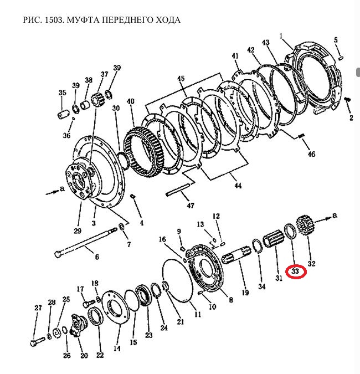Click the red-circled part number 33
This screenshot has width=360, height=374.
295,271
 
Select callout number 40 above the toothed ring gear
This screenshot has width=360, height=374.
130,101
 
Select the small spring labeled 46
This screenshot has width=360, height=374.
302,137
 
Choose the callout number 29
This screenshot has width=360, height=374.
77,230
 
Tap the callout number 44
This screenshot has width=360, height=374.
238,186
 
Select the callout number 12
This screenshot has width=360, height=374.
217,216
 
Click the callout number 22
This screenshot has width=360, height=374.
100,355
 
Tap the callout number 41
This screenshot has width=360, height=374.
235,56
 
